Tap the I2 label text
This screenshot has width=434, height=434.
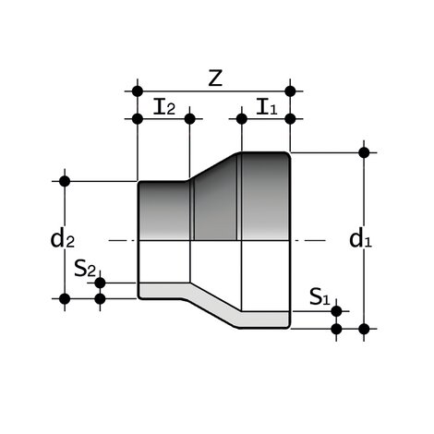click(164, 106)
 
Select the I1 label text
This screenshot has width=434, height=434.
click(266, 106)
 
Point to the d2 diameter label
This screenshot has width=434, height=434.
click(62, 239)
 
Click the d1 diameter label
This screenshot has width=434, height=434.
click(360, 239)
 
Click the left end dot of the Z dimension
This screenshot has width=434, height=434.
click(138, 90)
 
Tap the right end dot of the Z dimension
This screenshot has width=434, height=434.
click(291, 90)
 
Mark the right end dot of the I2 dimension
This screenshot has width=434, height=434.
click(189, 118)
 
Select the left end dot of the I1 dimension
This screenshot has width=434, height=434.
click(241, 118)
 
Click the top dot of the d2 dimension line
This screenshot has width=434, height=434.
click(65, 180)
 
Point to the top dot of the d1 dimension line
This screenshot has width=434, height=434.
click(364, 151)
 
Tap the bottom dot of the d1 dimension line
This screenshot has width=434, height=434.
click(364, 328)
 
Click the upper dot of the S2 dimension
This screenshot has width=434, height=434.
click(101, 283)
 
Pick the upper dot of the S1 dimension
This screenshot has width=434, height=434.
click(336, 310)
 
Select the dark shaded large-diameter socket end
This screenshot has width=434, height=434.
click(266, 194)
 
